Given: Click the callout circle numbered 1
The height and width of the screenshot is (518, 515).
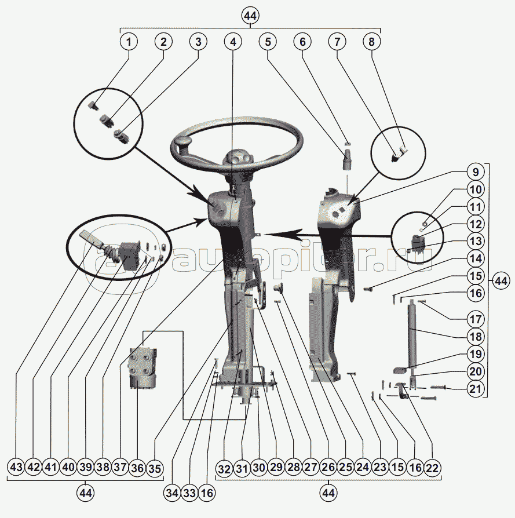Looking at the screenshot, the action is click(129, 42).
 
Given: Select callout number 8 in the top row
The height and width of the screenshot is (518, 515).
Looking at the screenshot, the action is click(372, 42).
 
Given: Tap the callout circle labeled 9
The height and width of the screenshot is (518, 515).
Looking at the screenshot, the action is click(476, 172).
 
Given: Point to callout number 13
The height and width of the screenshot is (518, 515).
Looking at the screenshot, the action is click(476, 241).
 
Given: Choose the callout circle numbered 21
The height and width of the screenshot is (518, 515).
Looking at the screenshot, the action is click(476, 388).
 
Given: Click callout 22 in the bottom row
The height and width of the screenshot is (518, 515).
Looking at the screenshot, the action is click(432, 468).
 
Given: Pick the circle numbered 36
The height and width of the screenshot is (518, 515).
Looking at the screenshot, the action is click(137, 468).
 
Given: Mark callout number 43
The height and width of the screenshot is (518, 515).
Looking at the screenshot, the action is click(16, 467).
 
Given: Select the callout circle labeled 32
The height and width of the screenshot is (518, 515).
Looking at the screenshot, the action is click(224, 469).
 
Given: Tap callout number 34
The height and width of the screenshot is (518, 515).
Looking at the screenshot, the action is click(172, 493).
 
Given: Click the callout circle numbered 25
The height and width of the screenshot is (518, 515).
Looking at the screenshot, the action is click(345, 467).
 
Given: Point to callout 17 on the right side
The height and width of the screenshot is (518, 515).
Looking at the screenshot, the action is click(476, 319).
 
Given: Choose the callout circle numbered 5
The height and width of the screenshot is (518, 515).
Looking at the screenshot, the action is click(268, 42).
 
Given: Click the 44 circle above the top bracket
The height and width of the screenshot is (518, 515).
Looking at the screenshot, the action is click(250, 16).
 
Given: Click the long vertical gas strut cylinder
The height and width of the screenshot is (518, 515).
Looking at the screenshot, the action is click(412, 333).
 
